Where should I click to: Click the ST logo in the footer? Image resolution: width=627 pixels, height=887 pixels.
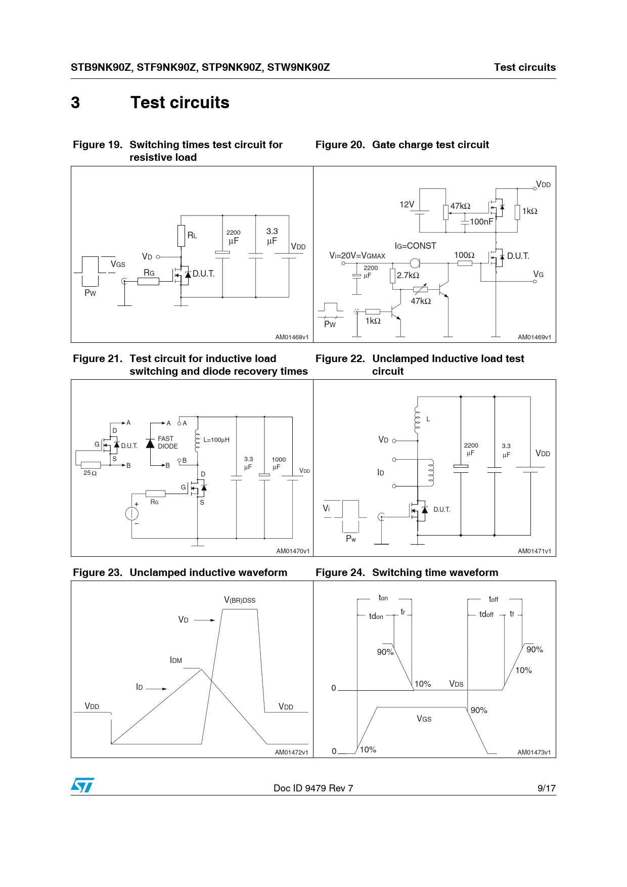[82, 785]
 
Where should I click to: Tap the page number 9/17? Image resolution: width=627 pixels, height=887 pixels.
[546, 788]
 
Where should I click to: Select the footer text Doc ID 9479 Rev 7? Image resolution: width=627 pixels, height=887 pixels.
[313, 788]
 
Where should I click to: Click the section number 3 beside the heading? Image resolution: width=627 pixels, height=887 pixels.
[75, 103]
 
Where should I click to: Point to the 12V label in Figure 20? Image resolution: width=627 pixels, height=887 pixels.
[407, 204]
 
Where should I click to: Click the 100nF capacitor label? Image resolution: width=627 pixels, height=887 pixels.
[481, 221]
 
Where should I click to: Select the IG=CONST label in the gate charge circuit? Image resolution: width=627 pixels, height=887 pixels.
[415, 246]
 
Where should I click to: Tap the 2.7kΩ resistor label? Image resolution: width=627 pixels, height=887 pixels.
[408, 276]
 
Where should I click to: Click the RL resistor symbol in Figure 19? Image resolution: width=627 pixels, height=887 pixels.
[181, 236]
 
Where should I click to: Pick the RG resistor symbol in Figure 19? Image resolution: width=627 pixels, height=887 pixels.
[148, 281]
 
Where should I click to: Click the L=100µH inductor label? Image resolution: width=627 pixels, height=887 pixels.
[216, 440]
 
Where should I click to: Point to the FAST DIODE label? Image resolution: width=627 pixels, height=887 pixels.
[168, 442]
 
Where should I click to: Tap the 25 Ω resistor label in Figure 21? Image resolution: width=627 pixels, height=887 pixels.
[90, 473]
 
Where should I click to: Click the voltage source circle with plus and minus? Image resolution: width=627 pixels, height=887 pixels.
[132, 513]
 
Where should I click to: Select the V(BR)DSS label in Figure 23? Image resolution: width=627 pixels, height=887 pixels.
[240, 600]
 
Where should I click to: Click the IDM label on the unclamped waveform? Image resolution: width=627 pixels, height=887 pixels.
[176, 660]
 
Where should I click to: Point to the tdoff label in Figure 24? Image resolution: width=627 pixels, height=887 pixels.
[486, 614]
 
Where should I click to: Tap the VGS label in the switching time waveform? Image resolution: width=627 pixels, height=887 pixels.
[424, 719]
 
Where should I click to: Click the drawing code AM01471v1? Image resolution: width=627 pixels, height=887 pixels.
[534, 551]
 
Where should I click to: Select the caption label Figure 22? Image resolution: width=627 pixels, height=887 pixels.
[340, 359]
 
